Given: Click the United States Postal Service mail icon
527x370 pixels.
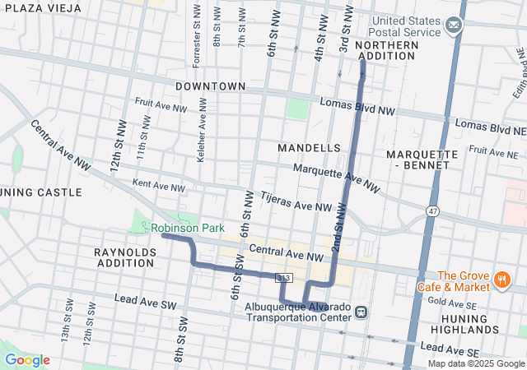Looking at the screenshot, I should tap(453, 26).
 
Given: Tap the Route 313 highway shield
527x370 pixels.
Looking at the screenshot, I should tap(283, 278).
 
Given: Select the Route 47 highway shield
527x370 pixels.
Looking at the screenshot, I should tap(432, 211).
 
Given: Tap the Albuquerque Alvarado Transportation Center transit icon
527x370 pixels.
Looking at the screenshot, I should tap(362, 311).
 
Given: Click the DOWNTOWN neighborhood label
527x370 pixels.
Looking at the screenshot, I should tap(210, 86).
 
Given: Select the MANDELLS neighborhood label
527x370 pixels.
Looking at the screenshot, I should tap(309, 147).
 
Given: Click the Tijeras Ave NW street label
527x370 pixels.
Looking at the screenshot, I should tap(296, 202).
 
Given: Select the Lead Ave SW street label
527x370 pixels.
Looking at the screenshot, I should tap(146, 301).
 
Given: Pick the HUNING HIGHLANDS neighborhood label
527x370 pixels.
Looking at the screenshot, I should tap(470, 323).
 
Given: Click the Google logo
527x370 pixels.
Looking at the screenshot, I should tap(27, 360).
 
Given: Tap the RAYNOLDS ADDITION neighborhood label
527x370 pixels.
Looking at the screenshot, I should tap(125, 257).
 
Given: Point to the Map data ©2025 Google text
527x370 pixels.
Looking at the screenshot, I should tap(475, 363).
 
